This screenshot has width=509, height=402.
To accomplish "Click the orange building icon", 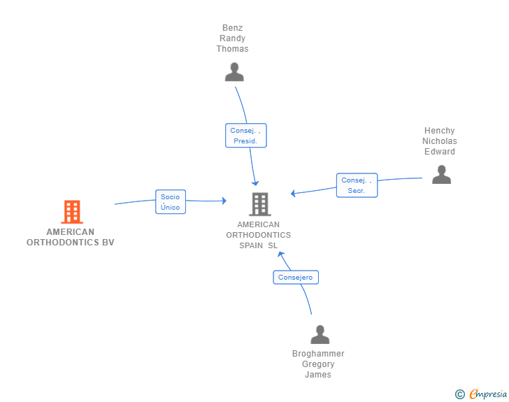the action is pos(72,212).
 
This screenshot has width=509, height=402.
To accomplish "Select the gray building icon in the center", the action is pos(260,204).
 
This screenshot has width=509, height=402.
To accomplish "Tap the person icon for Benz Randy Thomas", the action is pos(234,72).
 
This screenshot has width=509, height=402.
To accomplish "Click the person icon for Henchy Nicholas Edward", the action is pos(441,175).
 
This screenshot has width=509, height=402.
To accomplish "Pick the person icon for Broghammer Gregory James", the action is pos(320,334).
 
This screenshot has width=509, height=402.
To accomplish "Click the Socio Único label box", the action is pos(171,202).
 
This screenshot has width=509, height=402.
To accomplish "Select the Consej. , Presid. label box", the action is pos(246,136).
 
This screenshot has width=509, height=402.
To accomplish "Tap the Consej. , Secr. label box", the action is pos(357,185).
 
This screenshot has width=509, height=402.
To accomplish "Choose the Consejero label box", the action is pos(296,278).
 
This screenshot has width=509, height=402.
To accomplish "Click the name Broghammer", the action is pos(318,353).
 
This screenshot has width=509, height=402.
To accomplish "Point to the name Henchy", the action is pos(440,131).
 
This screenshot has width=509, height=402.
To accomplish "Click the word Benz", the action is pos(232,28).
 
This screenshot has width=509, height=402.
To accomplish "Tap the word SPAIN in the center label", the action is pos(251,245).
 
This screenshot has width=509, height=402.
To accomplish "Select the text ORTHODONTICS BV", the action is pos(71,242).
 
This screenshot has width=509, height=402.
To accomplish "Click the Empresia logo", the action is pos(488,394).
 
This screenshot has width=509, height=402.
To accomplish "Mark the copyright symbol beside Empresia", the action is pos(460,394).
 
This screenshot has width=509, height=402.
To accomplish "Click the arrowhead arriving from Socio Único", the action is pos(224,201).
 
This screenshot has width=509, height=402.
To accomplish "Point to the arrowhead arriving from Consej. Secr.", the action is pos(293,193).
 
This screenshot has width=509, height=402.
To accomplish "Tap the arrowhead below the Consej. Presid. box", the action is pos(255,183).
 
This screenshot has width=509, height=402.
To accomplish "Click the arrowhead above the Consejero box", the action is pos(280,254).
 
